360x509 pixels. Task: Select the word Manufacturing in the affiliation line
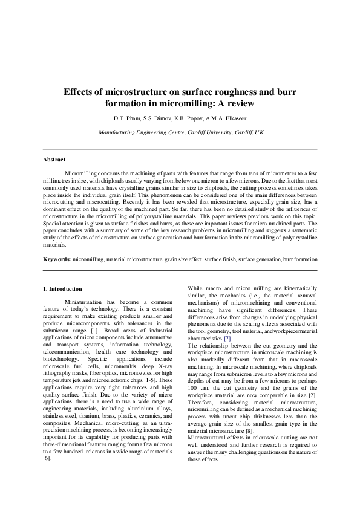pos(119,131)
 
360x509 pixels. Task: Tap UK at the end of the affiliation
pos(259,131)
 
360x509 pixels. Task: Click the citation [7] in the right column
pos(227,339)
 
